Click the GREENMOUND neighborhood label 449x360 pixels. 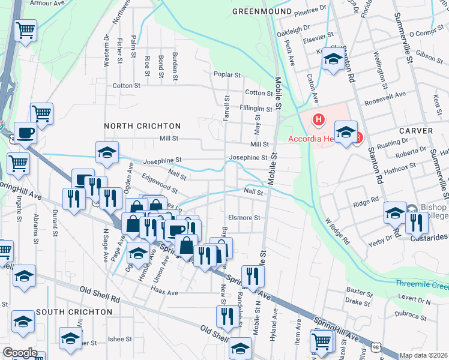pos(262,11)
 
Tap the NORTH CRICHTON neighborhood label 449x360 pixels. pos(142,126)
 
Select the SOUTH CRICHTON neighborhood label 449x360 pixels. pos(74,313)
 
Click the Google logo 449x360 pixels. pos(20,353)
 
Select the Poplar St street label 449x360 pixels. pos(228,76)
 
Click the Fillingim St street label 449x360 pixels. pos(256,109)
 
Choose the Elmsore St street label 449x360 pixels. pos(244,218)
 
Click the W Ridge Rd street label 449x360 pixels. pos(337,231)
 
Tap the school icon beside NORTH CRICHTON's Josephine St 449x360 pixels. pos(107,152)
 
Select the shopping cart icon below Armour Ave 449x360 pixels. pos(25,29)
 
